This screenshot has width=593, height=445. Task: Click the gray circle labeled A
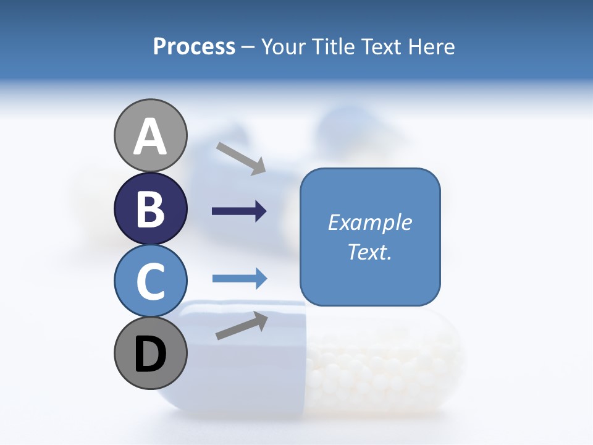tap(151, 135)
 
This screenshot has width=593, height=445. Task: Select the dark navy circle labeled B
tap(151, 208)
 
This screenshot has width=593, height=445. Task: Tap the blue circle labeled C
tap(151, 281)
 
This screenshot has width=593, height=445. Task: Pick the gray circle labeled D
tap(151, 354)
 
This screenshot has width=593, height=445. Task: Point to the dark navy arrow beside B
tap(239, 211)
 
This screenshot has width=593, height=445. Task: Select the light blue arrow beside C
tap(239, 279)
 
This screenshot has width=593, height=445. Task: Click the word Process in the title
tap(194, 46)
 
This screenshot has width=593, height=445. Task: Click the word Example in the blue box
tap(370, 222)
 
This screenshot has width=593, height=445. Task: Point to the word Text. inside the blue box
tap(370, 252)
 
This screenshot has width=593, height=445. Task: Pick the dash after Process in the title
tap(248, 48)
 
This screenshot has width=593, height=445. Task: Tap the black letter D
tap(151, 355)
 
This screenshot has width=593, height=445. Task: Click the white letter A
tap(151, 137)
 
